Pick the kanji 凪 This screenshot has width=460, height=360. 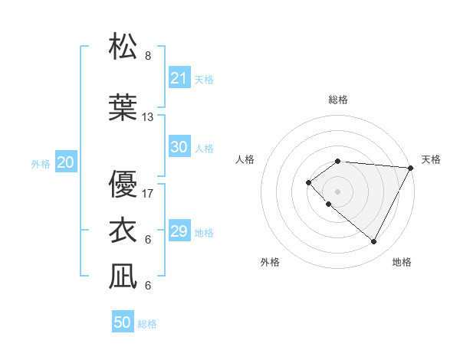[123, 277]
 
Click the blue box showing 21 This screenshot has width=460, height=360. [179, 78]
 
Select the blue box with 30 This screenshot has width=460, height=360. [179, 147]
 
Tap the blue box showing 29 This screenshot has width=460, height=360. [179, 231]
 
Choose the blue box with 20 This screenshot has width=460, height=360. [66, 162]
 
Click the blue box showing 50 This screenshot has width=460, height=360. [123, 322]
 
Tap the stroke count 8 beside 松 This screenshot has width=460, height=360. [148, 56]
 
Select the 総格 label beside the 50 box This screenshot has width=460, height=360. [147, 324]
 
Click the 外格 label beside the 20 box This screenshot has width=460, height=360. [41, 163]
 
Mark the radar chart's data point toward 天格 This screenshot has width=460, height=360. [411, 168]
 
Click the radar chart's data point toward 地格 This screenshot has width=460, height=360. [373, 242]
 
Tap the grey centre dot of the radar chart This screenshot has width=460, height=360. [337, 191]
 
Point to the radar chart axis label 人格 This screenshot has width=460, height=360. [245, 159]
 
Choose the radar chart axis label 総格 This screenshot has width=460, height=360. [337, 100]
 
